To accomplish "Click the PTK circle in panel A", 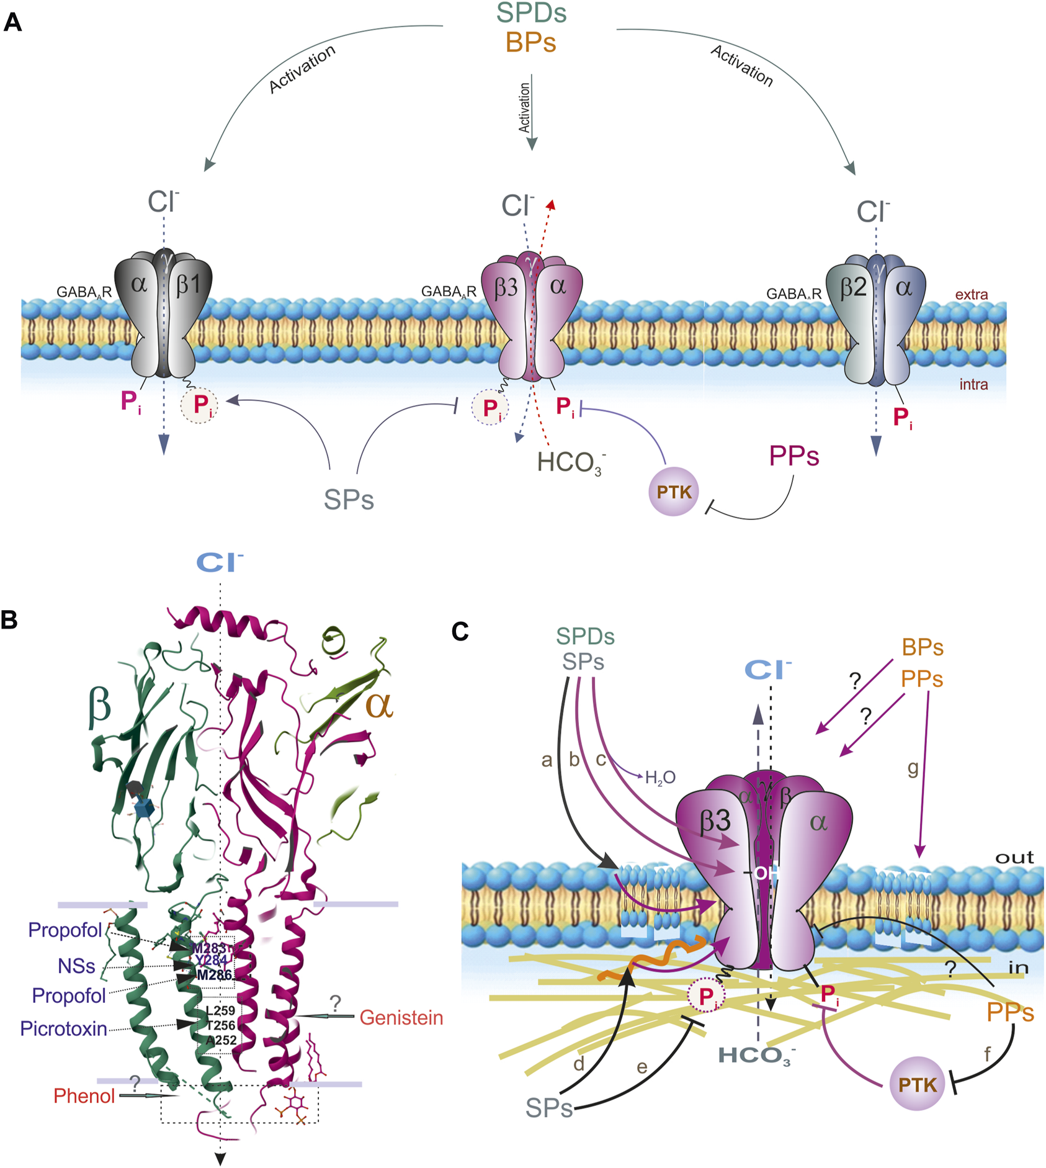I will pos(674,492).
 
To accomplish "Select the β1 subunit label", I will pos(189,284).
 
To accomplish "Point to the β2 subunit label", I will pos(853,287).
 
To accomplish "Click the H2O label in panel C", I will pos(660,778).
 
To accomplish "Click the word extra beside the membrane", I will pos(971,294).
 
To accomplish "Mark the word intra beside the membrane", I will pos(973,384).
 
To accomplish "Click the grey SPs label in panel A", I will pos(349,499).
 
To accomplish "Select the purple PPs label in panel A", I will pos(794,456).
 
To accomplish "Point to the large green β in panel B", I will pos(99,706).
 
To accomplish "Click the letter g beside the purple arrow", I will pos(913,768).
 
